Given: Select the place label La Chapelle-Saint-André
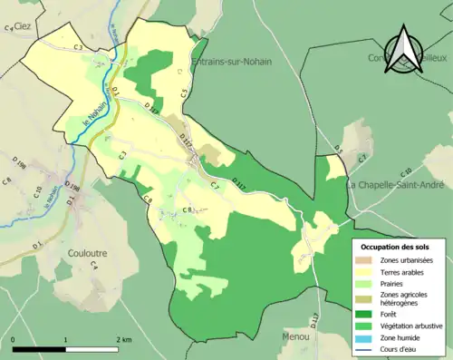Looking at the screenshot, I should tap(396, 185).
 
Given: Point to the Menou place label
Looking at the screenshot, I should tap(295, 336).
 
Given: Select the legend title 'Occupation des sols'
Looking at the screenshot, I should tap(395, 247).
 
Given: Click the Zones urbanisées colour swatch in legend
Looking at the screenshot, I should tap(366, 261).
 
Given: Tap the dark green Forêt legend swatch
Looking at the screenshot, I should tap(366, 311).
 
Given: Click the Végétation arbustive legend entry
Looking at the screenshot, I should tap(403, 324).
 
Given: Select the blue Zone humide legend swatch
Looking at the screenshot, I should tap(366, 336).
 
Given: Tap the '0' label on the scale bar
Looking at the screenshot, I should tap(13, 338).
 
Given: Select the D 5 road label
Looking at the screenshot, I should tap(337, 148).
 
